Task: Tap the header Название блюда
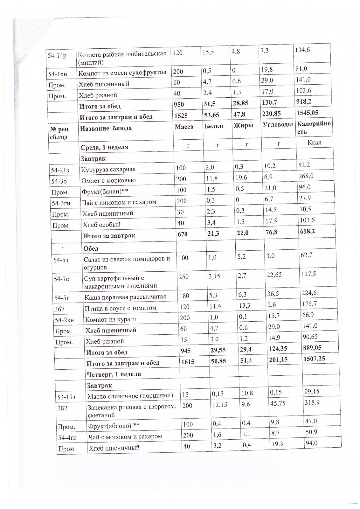tap(106, 129)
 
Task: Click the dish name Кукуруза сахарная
tap(108, 169)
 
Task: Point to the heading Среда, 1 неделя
tap(104, 147)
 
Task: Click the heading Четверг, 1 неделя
tap(114, 374)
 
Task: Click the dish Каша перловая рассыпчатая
tap(125, 297)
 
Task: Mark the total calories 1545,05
tap(307, 113)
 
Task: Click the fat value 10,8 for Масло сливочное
tap(247, 393)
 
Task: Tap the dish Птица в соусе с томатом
tap(120, 308)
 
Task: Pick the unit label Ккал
tap(314, 142)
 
